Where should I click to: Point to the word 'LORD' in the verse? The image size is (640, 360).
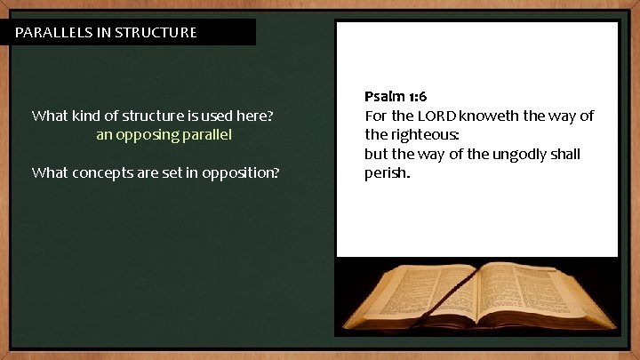coord(436,116)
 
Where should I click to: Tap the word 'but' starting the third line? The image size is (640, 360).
coord(375,154)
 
